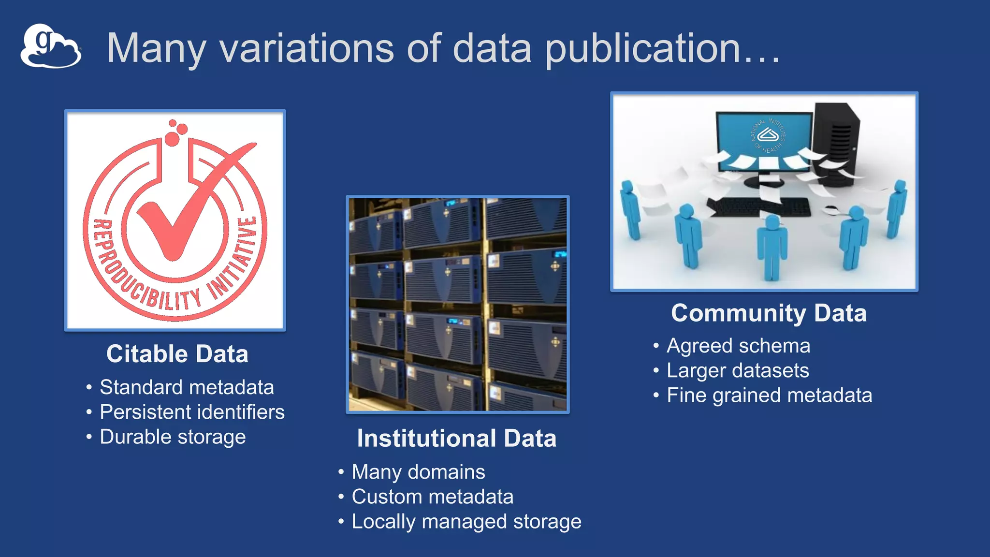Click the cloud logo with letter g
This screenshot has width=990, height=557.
coord(50,46)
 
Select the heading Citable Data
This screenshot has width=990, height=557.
coord(177,354)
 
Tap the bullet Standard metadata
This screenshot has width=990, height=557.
coord(187,387)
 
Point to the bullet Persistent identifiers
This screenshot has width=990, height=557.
coord(192,412)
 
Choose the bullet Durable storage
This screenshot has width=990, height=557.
coord(173,437)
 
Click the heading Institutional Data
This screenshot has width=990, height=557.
coord(457,439)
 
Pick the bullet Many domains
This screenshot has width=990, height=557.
coord(418,472)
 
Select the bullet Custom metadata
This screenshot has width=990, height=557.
coord(432,497)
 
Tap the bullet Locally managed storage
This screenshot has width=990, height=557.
coord(466,522)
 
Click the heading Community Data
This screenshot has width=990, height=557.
coord(769,313)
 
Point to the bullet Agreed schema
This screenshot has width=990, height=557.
coord(738,346)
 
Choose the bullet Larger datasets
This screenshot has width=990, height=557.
coord(738,371)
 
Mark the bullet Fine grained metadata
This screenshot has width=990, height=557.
coord(769,396)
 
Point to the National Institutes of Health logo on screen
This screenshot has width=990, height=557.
coord(768,135)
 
